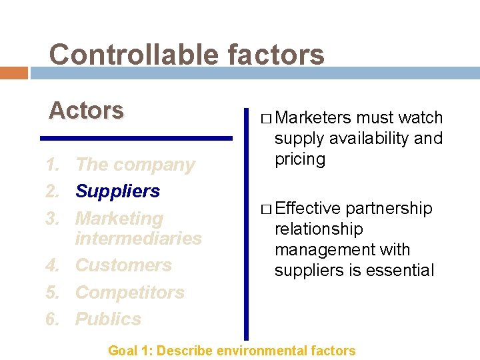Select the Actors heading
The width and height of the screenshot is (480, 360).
click(86, 110)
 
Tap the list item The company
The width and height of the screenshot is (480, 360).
click(135, 165)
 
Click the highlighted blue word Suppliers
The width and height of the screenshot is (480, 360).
click(118, 191)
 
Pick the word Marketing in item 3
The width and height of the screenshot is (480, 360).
click(119, 218)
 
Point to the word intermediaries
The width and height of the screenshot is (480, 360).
click(139, 238)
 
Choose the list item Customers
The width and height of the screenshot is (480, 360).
click(123, 265)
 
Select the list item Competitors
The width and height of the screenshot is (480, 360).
click(129, 292)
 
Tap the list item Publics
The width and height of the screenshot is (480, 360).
click(108, 319)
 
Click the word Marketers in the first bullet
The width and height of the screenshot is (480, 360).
click(313, 118)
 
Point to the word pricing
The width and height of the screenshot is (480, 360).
click(300, 159)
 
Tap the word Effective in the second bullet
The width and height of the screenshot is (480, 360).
click(307, 209)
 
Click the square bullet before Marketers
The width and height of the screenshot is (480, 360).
click(266, 119)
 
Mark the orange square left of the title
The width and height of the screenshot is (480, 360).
click(13, 73)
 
